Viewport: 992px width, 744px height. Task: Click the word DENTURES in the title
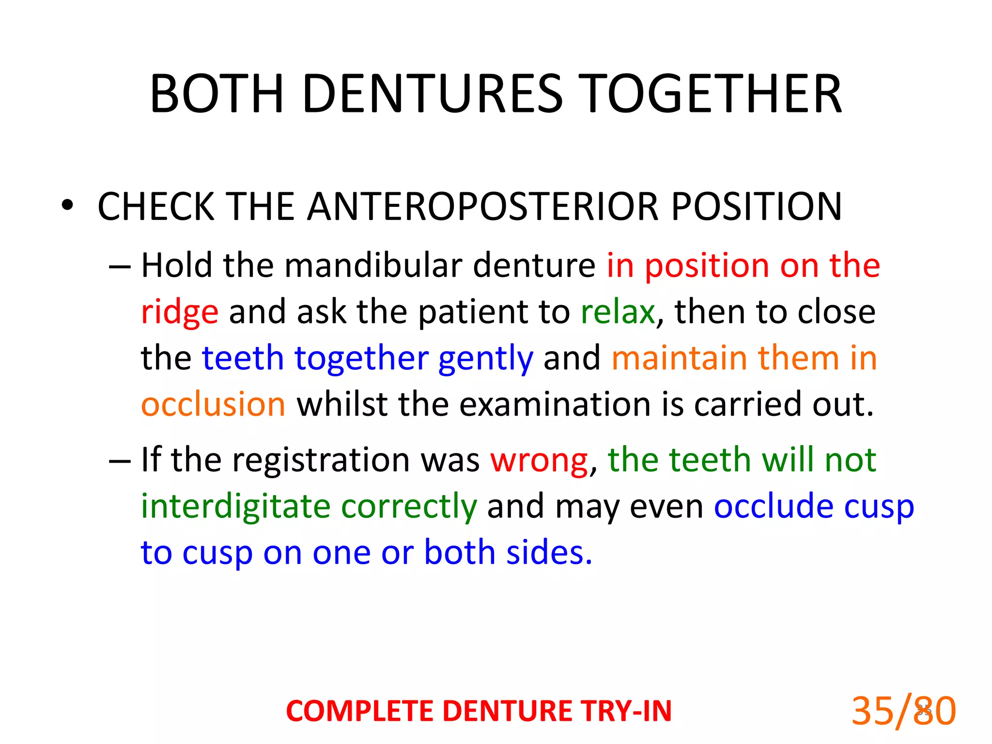point(433,94)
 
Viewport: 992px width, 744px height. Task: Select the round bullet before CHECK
point(67,205)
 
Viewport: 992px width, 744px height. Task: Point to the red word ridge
point(179,312)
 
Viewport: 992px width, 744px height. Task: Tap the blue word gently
point(485,359)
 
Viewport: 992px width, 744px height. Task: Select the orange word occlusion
point(213,404)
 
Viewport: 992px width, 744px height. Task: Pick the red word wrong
point(539,460)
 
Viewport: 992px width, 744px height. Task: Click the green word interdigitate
point(235,506)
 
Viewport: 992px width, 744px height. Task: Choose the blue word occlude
point(774,506)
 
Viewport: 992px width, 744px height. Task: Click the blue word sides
point(549,552)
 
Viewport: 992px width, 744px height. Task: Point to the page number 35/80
point(903,711)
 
